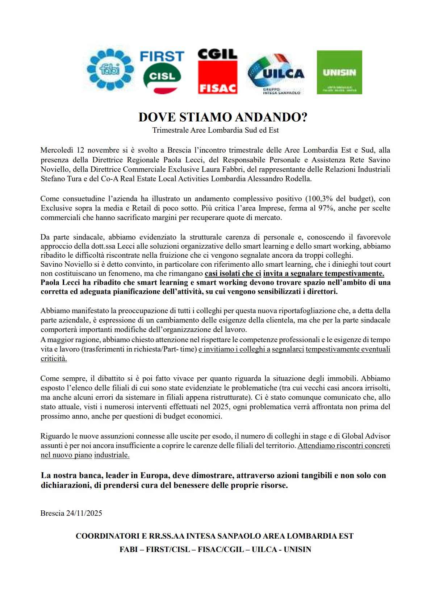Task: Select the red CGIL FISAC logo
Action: [x=217, y=71]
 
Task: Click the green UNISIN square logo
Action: [x=339, y=72]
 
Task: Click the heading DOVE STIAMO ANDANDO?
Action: [x=223, y=117]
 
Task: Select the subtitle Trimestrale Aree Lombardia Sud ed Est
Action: [x=215, y=130]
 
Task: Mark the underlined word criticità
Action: [x=54, y=358]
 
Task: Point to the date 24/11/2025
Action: [x=84, y=513]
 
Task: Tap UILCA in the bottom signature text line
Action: [x=264, y=549]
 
